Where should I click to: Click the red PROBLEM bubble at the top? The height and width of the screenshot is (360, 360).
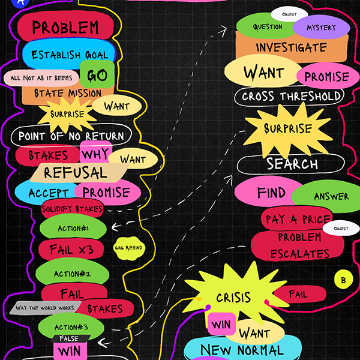point(65,27)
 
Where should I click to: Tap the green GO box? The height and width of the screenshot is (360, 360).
point(97,75)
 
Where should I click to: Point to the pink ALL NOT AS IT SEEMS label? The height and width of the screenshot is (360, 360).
point(41,79)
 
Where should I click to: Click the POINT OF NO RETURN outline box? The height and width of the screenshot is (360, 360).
point(70,135)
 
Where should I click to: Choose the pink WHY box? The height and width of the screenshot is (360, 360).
point(95,152)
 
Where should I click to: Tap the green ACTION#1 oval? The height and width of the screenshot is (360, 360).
point(73,228)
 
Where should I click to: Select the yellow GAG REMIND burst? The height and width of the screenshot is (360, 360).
point(128,248)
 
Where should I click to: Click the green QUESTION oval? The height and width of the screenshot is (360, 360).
point(267,27)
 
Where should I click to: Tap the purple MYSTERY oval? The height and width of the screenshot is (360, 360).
point(321,28)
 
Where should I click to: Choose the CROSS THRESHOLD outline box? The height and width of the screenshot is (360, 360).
point(292,96)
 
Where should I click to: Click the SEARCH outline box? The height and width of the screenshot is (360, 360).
point(292,163)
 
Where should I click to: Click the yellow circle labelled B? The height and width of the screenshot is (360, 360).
point(343,280)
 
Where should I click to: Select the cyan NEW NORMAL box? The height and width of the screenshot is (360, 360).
point(242,350)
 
